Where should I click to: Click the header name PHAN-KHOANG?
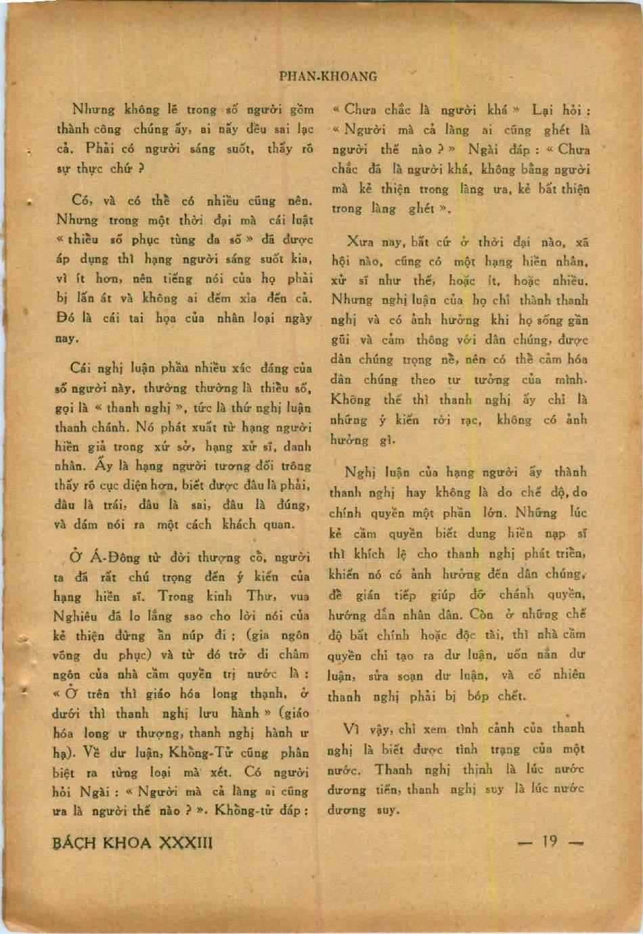pos(328,76)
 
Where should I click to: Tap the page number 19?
pos(550,841)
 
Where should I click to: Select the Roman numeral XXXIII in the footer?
pos(185,843)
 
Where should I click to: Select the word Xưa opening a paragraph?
pos(359,241)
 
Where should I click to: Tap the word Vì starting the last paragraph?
pos(351,729)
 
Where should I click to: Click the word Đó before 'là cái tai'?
pos(66,317)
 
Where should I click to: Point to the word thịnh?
pos(478,770)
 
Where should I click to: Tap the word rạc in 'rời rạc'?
pos(470,420)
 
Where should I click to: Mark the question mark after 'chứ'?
pos(141,168)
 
